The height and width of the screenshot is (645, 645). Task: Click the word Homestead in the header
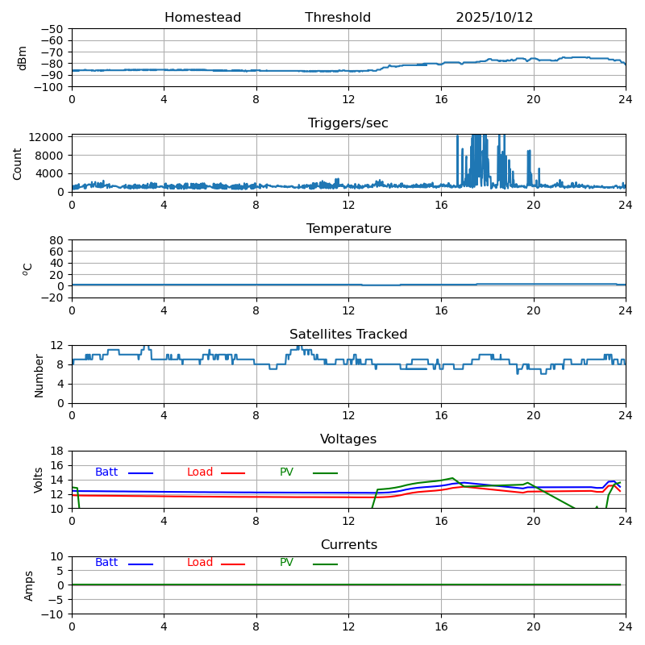[202, 18]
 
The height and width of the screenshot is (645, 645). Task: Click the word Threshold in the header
[338, 18]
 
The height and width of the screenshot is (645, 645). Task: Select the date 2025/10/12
[494, 18]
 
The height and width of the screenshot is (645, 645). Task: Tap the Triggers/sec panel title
[348, 123]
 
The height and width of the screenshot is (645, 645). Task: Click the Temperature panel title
[348, 229]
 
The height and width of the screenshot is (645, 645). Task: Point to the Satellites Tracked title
[348, 335]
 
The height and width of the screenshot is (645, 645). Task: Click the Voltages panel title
[348, 439]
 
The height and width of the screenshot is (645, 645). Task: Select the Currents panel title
[348, 545]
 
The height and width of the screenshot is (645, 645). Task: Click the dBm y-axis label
[23, 57]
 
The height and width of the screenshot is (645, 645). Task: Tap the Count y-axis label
[18, 163]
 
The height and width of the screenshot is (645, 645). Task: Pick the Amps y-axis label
[30, 585]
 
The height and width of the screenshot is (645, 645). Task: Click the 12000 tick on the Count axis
[49, 137]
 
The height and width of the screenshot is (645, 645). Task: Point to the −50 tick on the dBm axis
[53, 29]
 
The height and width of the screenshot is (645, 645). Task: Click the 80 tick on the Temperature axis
[58, 240]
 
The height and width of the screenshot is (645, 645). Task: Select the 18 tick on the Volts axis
[58, 451]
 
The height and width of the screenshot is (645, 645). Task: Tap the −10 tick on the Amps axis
[53, 614]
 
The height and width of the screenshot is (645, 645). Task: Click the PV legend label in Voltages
[286, 472]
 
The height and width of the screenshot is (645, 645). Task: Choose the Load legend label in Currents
[200, 563]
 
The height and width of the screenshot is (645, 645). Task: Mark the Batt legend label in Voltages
[106, 472]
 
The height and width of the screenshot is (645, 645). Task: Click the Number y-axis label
[40, 375]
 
